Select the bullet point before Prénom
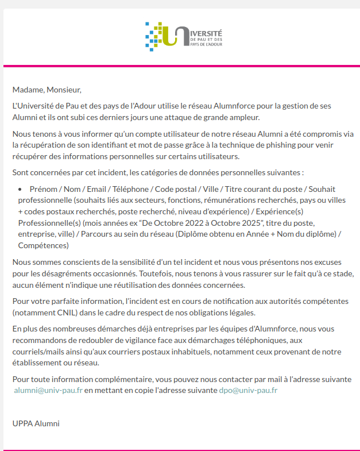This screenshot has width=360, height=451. click(21, 189)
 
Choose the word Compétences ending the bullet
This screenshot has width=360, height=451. click(43, 245)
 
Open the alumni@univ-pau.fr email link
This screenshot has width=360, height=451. click(48, 391)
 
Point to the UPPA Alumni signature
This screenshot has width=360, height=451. click(36, 424)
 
